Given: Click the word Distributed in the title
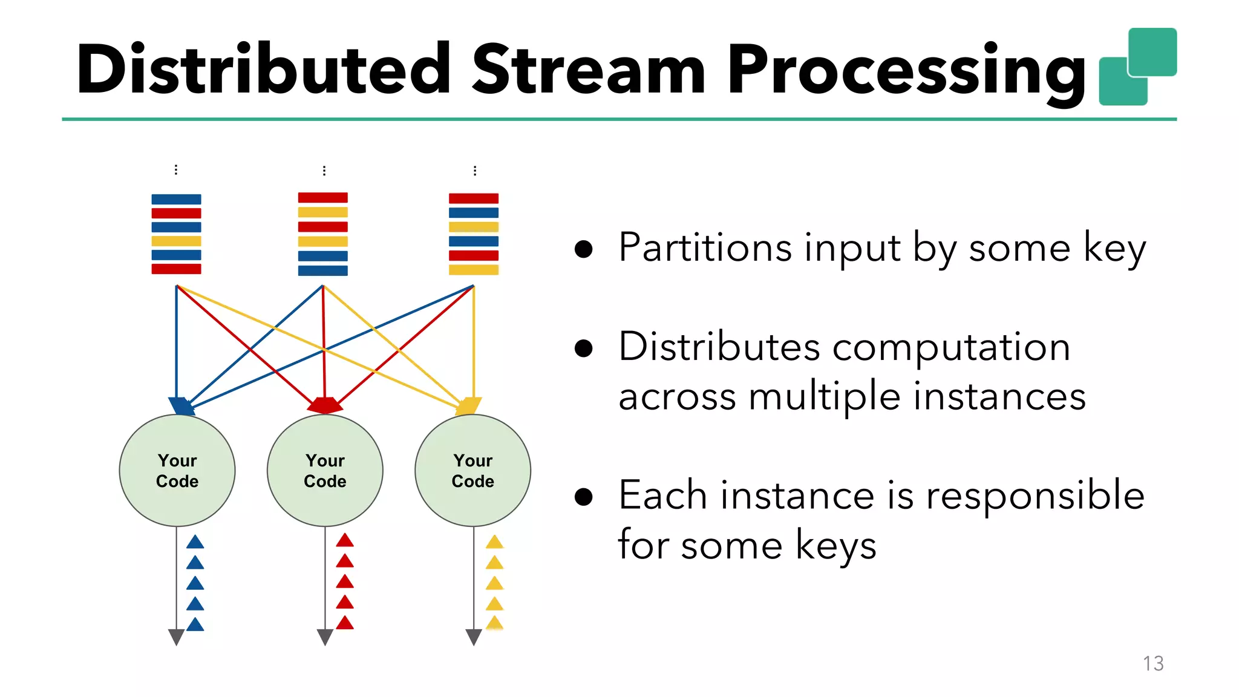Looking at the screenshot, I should pos(263,70).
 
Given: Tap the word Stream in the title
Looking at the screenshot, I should pos(588,70).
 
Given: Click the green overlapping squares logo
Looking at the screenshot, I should pos(1137,67).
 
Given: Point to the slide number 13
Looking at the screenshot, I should pos(1153,664).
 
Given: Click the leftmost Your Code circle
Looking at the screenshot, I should pos(177,471).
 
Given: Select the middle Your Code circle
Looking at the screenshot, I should pos(325,471).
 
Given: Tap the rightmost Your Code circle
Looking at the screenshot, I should pos(472,471).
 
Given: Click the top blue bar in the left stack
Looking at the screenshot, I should pos(176,200).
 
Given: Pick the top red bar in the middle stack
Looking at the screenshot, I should pos(322,198).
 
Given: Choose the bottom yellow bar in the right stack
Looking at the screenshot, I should pos(473,270).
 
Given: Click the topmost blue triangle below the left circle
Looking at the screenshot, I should pos(195,542).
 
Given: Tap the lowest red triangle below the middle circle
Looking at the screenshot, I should pos(345,623).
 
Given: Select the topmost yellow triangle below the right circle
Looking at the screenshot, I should pos(494,542).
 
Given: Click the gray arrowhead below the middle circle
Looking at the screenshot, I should pos(325,636).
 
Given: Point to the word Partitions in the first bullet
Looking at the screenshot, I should pos(705,247).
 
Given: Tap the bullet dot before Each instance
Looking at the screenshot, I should pos(583,497).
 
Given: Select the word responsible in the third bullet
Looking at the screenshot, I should pos(1035,496).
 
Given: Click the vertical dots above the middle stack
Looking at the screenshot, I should pos(324,171).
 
